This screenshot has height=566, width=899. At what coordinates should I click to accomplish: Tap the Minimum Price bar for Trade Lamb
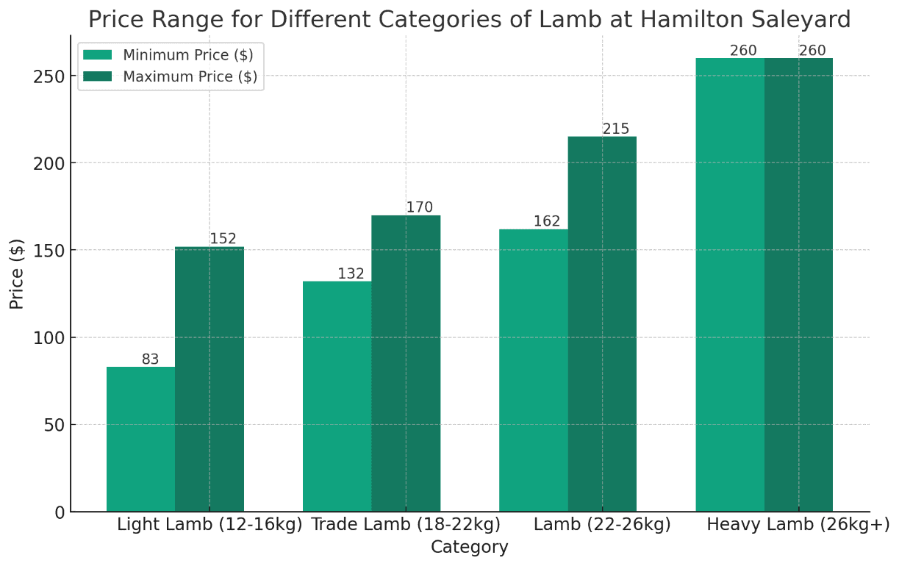pos(337,396)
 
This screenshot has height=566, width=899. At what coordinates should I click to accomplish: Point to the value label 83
pos(150,359)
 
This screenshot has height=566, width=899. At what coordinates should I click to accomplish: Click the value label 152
pos(223,239)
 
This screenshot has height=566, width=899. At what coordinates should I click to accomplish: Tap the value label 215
pos(616,129)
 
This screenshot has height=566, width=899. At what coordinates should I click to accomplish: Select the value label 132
pos(351,274)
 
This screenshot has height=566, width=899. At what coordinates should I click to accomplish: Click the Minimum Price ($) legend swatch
pos(97,55)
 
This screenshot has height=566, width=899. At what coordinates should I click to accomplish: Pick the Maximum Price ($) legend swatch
pos(97,77)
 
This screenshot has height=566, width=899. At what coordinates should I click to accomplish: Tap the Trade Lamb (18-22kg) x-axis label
pos(406,525)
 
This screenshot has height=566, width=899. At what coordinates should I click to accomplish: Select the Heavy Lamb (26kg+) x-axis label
pos(798,525)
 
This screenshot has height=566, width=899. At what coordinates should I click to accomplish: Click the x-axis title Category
pos(469,548)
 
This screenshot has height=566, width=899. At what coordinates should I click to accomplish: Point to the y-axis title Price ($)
pos(17,273)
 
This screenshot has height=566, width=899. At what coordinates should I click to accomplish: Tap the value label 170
pos(420,208)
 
